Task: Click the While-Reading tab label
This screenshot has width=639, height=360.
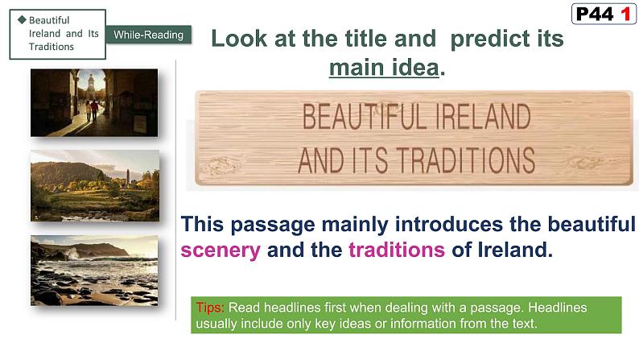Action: [148, 35]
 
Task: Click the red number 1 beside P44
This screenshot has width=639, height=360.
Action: [622, 14]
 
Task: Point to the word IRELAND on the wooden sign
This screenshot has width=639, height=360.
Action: [480, 118]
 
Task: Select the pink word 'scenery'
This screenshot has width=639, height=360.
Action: [221, 250]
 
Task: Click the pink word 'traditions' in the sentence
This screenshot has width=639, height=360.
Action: [397, 250]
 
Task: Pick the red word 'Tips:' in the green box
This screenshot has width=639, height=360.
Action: [211, 308]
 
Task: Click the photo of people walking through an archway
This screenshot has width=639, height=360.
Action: [94, 102]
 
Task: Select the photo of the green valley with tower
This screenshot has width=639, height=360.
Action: [94, 185]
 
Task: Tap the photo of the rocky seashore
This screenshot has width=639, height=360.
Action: [94, 270]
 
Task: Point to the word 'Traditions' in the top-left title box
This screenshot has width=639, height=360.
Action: [51, 47]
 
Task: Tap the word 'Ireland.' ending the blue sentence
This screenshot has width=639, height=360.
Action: [515, 250]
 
